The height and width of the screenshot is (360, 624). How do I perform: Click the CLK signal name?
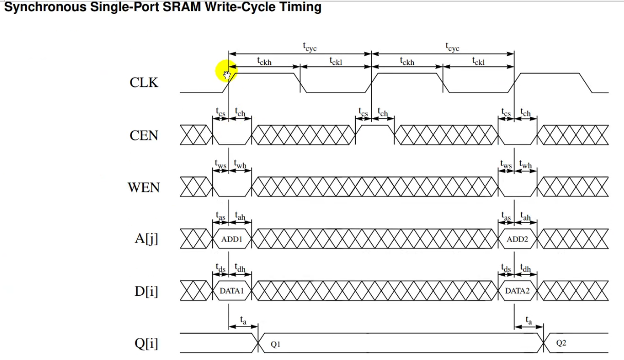[144, 82]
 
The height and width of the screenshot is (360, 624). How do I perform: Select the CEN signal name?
[144, 135]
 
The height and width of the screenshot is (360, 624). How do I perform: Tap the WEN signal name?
[144, 187]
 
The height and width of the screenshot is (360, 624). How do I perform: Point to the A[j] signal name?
[146, 239]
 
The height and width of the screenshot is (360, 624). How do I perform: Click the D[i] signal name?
[146, 291]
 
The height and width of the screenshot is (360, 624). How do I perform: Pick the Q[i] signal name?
[146, 343]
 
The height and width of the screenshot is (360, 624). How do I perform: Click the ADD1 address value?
[231, 239]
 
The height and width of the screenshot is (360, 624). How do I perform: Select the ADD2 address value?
[517, 239]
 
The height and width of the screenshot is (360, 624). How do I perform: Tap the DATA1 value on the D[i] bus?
[231, 291]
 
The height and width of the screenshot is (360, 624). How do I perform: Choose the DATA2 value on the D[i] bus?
[517, 291]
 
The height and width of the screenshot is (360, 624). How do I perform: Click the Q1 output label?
[276, 345]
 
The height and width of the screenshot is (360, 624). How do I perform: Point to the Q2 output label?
[561, 343]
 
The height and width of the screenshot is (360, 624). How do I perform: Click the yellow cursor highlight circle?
[227, 71]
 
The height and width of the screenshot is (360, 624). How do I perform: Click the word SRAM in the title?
[181, 7]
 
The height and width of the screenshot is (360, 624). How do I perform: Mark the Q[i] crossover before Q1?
[258, 343]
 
